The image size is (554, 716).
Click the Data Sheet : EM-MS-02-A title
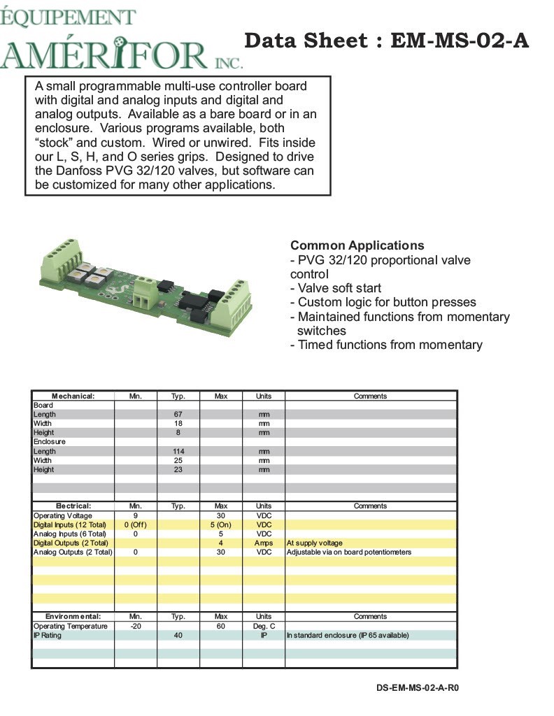[386, 41]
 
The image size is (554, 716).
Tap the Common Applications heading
[357, 245]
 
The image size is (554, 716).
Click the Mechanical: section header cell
[73, 396]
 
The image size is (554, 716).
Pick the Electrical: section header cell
[73, 506]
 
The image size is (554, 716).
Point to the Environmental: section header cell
[73, 616]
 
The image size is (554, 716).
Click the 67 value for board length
[178, 415]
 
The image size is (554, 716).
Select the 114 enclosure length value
[178, 451]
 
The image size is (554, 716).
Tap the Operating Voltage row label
[71, 515]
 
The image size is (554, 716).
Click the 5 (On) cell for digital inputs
[221, 524]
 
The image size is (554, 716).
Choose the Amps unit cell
[264, 543]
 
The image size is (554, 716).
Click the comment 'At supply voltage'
[315, 543]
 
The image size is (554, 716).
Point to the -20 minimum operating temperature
[136, 626]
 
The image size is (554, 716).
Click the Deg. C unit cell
[264, 626]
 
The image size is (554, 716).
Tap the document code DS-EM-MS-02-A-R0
[418, 687]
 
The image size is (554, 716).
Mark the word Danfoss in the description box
[78, 171]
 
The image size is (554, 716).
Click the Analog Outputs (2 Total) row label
[73, 552]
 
